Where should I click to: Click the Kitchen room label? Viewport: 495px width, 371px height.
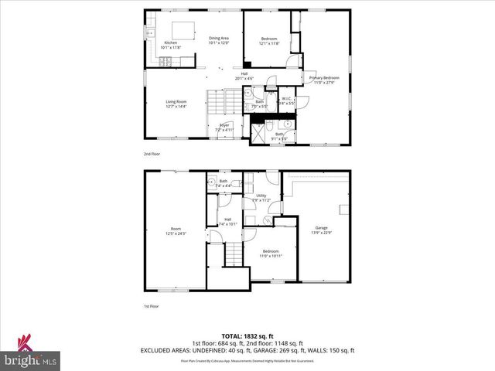(x=170, y=45)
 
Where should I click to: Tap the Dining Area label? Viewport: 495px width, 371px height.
(x=219, y=40)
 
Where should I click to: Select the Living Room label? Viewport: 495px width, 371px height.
(x=176, y=104)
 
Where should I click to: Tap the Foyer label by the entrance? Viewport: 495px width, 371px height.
(x=224, y=128)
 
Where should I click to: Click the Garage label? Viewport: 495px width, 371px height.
(x=319, y=230)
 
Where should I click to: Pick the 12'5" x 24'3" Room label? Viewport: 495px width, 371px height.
(x=176, y=230)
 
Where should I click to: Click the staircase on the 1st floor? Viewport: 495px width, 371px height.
(x=234, y=253)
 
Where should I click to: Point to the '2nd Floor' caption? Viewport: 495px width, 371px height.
(x=152, y=155)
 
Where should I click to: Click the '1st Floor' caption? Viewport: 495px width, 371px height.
(x=152, y=307)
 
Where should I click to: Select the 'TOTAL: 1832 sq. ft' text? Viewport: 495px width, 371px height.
(x=247, y=336)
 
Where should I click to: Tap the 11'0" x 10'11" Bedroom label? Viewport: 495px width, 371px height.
(x=271, y=254)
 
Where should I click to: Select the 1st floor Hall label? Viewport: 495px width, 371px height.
(x=228, y=222)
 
